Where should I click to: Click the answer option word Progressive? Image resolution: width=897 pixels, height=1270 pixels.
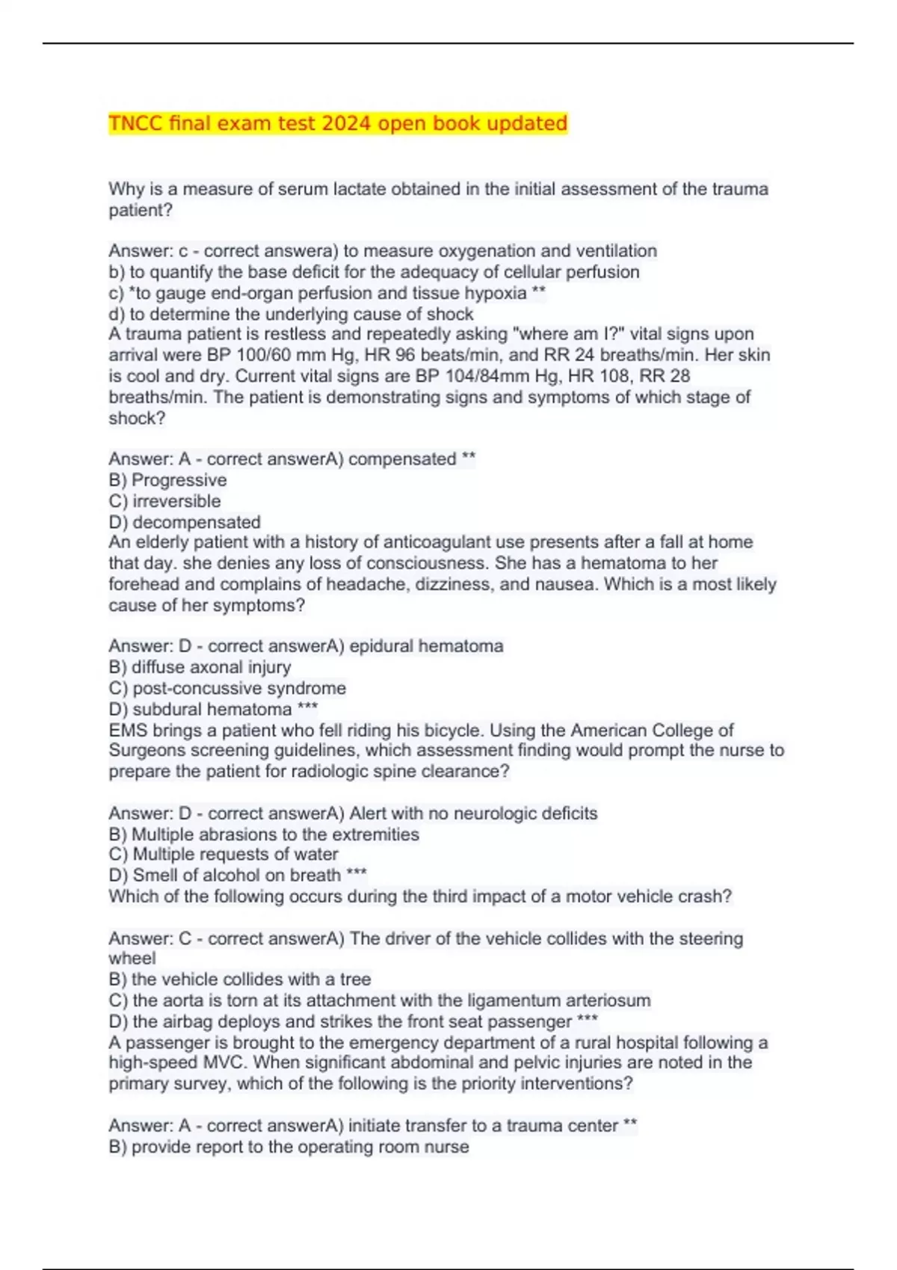tap(179, 480)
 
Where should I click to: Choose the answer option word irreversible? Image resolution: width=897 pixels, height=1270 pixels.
tap(176, 501)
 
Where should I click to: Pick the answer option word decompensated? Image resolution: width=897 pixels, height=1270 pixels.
tap(197, 522)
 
